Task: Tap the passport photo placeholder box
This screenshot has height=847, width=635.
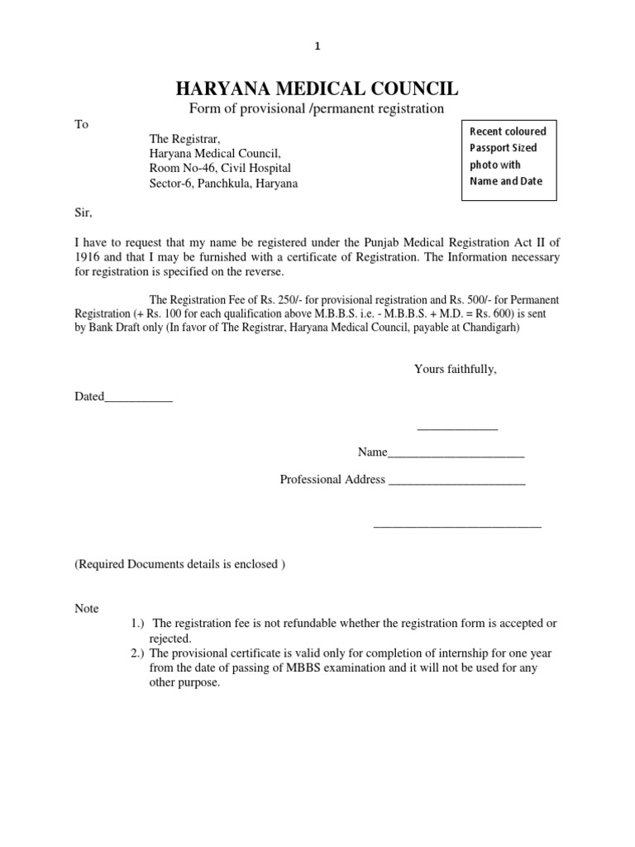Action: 508,156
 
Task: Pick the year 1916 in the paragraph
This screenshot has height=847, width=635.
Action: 88,257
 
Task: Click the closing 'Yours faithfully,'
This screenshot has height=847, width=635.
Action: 456,369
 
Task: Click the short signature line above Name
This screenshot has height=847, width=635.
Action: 457,428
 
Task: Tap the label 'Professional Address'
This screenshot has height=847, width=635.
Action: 332,480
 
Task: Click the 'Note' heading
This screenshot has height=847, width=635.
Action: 87,609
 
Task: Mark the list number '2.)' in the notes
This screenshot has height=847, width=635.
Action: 139,653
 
